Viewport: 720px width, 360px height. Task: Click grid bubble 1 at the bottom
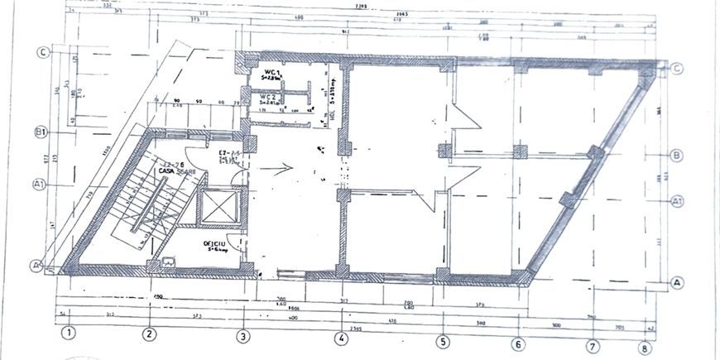pos(70,335)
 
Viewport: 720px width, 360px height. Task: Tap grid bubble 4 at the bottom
pos(340,338)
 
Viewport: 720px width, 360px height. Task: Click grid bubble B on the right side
pos(676,155)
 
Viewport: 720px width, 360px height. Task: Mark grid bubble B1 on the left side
pos(39,132)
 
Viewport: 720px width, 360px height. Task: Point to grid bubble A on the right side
pos(677,282)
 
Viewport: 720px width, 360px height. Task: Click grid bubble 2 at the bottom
pos(148,335)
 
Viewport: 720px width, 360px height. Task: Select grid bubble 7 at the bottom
pos(593,346)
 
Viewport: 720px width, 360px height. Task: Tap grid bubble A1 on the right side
pos(676,200)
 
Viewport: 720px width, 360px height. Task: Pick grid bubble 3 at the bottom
pos(243,336)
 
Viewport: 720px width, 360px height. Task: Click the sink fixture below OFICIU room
pos(168,263)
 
